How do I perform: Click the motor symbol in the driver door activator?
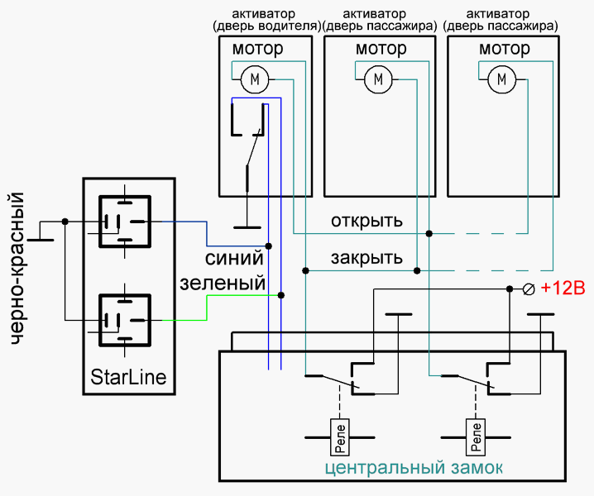(255, 79)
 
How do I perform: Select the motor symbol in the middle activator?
(379, 79)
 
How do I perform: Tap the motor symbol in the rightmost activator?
(501, 79)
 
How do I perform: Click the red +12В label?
(563, 289)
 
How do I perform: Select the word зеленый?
(223, 284)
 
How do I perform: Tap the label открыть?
(366, 222)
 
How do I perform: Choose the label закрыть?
(366, 258)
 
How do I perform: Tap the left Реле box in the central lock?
(340, 437)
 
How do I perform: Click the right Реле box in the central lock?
(476, 437)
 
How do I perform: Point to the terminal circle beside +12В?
(529, 289)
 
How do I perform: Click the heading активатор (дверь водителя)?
(266, 20)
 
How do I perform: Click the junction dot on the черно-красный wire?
(65, 222)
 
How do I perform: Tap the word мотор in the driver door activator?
(257, 49)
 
